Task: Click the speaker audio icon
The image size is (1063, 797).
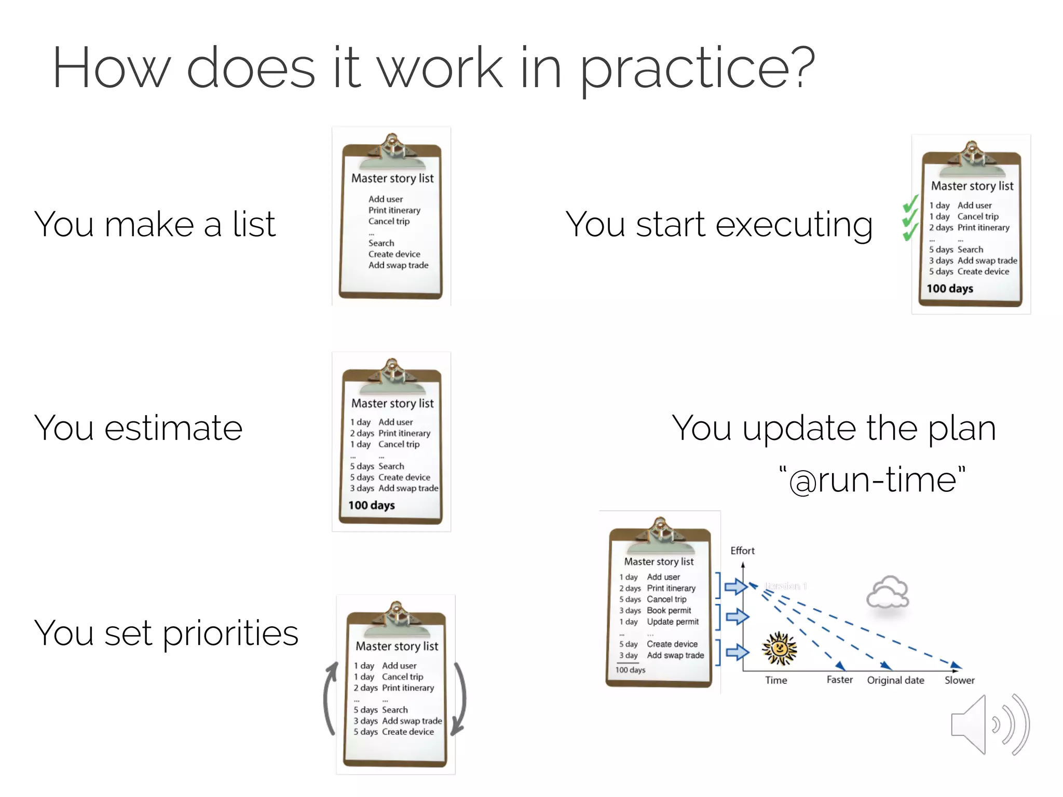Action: pos(989,725)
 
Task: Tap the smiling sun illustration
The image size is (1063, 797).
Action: pos(779,649)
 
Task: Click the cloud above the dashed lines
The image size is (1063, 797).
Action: pos(888,592)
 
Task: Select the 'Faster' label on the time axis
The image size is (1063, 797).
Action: pos(839,680)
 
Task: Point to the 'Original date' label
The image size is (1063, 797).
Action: pos(895,680)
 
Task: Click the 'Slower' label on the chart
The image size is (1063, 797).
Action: pos(959,680)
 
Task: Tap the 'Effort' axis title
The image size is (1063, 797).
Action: pos(742,551)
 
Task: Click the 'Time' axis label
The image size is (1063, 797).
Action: pos(776,680)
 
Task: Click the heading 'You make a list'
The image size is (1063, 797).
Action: pos(155,224)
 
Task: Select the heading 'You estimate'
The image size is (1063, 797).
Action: pos(138,428)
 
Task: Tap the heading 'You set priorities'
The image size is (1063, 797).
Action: pos(166,633)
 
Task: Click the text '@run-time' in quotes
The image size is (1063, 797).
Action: pos(873,480)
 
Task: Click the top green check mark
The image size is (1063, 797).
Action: pos(911,204)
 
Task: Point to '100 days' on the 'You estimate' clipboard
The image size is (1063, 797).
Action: pos(371,505)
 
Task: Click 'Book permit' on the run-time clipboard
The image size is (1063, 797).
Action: pos(669,611)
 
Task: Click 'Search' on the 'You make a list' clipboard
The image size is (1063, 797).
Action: pos(381,243)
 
